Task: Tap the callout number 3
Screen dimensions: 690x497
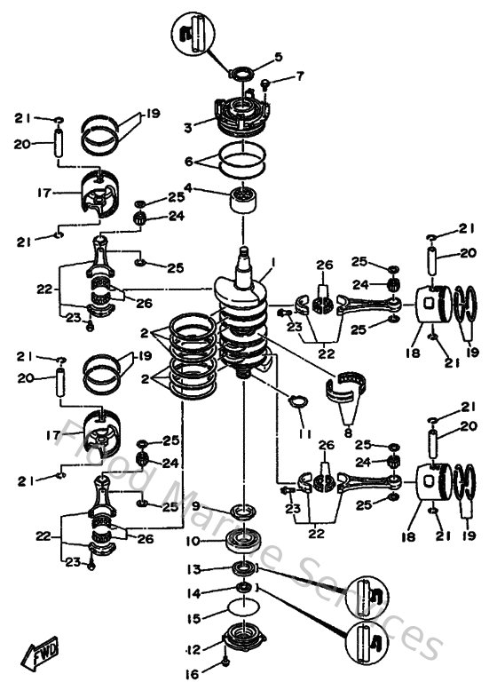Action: click(x=188, y=128)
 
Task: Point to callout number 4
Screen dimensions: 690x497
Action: click(x=188, y=188)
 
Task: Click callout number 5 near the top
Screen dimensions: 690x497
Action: click(x=278, y=57)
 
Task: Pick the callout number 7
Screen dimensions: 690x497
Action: click(x=299, y=77)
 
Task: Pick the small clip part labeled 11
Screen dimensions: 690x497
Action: click(x=299, y=403)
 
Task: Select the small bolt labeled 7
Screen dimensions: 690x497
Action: click(x=265, y=84)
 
